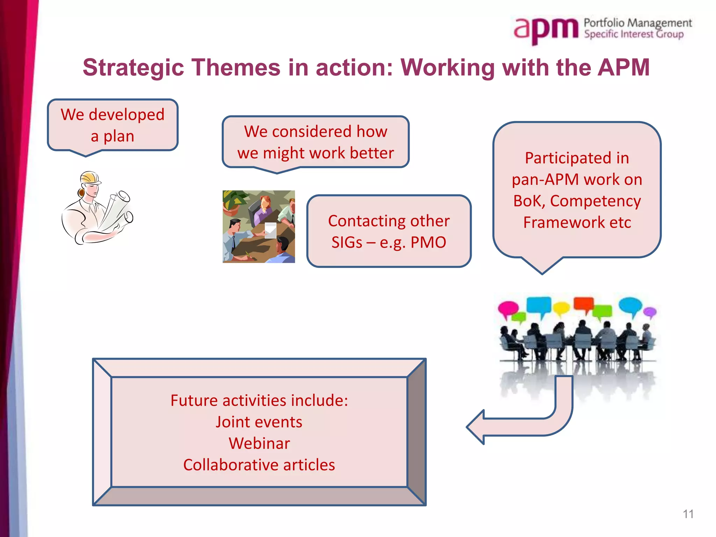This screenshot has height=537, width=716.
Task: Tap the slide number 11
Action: (688, 514)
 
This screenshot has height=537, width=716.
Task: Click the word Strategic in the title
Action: (133, 67)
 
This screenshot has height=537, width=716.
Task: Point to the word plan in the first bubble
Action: (119, 136)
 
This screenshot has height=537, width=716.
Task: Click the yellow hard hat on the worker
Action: (90, 177)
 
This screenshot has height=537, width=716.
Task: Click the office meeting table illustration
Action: (259, 227)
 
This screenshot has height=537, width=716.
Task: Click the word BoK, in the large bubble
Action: (529, 201)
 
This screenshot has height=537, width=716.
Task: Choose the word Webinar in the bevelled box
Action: (259, 443)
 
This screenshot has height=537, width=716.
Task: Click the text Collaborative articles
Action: (259, 465)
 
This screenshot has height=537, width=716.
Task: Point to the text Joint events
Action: (259, 422)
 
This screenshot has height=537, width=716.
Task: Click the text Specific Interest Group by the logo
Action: (633, 34)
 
